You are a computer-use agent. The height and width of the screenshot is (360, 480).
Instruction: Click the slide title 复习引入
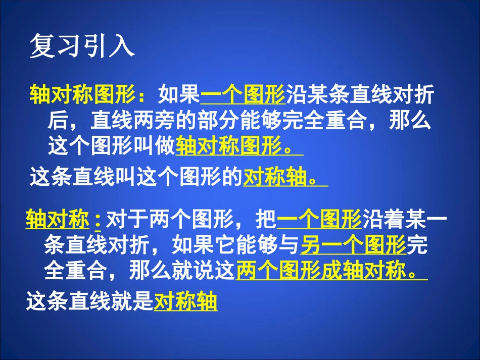point(82,46)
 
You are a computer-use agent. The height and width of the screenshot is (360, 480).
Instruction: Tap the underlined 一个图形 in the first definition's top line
point(243,94)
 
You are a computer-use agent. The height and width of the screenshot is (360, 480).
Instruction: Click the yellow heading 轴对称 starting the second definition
point(57,220)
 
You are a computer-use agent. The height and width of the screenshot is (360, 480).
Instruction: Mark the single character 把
point(266,220)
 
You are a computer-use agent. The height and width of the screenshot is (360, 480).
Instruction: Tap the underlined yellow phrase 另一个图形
point(354,246)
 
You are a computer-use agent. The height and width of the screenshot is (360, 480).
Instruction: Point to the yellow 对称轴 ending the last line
point(185,302)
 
